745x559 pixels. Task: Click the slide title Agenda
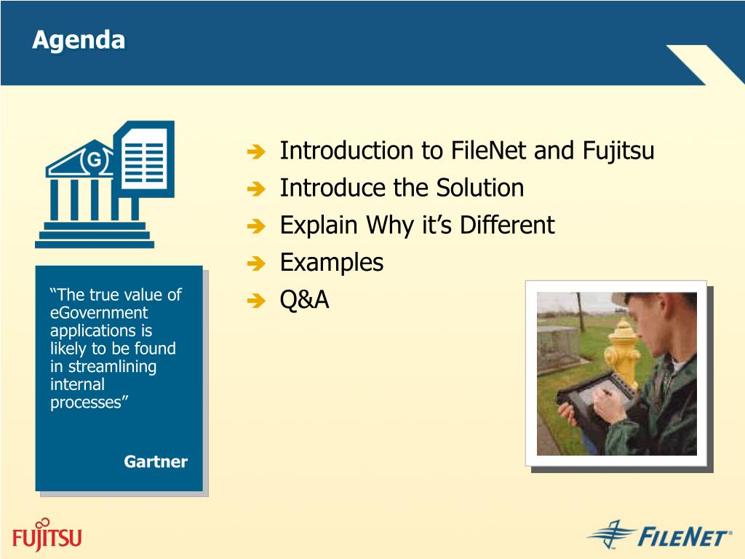click(x=79, y=41)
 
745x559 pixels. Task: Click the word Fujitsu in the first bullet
click(x=618, y=151)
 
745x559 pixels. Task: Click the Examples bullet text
click(x=332, y=262)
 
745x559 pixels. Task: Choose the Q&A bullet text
click(x=305, y=300)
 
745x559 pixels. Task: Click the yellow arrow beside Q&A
click(x=257, y=301)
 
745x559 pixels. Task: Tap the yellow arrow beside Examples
click(x=257, y=263)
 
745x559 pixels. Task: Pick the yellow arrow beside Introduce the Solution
click(x=257, y=189)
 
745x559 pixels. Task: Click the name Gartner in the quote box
click(x=156, y=461)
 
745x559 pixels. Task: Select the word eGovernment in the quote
click(x=99, y=313)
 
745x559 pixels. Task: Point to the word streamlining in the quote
click(x=112, y=367)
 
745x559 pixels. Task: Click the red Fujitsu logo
click(x=47, y=535)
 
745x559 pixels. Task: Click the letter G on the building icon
click(x=95, y=159)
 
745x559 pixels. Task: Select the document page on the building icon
click(x=145, y=159)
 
